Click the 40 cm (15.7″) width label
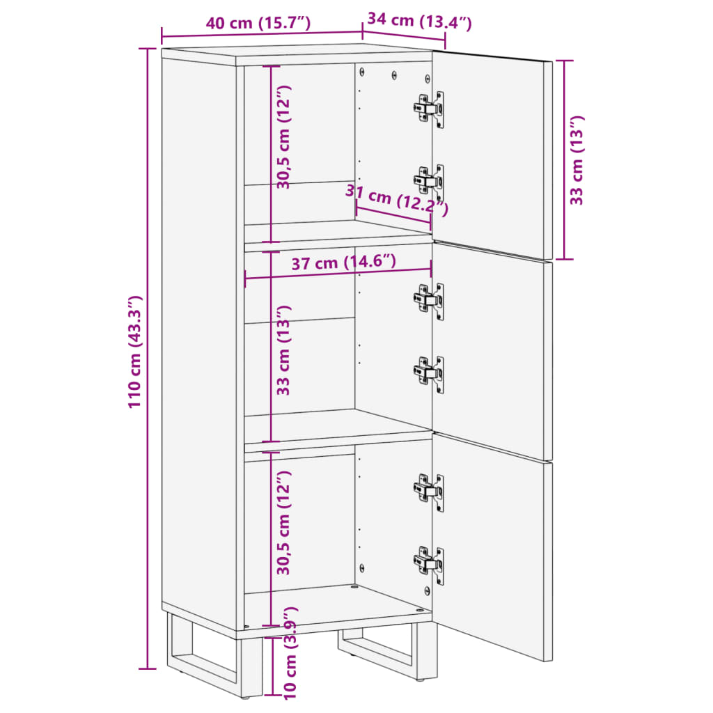click(x=258, y=23)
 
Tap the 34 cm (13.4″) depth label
click(x=419, y=21)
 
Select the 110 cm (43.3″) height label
click(x=135, y=352)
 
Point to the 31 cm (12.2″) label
click(x=398, y=202)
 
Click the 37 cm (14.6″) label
click(x=344, y=263)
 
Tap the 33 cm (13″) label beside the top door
click(x=577, y=160)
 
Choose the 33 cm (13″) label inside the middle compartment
click(x=283, y=350)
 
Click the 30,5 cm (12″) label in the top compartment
click(x=283, y=137)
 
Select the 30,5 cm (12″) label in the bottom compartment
click(x=283, y=523)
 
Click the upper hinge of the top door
click(x=430, y=108)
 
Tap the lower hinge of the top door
click(x=430, y=181)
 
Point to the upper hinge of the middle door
click(x=430, y=299)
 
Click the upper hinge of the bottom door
click(x=430, y=490)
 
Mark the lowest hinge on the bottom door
click(x=430, y=563)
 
